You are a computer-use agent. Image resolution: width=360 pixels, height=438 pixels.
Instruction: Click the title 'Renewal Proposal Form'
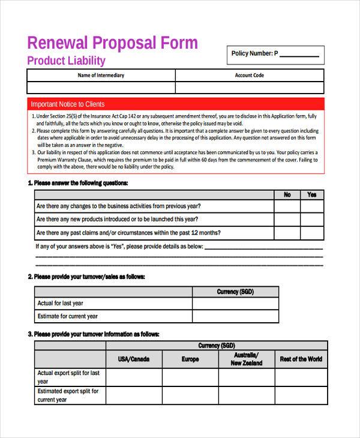tap(112, 43)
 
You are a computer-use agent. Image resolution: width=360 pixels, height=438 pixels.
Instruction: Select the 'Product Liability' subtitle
tap(67, 61)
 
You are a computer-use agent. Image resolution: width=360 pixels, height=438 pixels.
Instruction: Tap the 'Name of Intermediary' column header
tap(101, 76)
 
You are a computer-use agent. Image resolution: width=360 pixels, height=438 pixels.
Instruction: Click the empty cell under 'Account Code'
tap(249, 88)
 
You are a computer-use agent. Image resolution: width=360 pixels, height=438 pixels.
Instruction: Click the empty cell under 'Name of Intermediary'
tap(101, 88)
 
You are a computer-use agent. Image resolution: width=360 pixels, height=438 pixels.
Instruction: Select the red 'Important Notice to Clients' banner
tap(175, 104)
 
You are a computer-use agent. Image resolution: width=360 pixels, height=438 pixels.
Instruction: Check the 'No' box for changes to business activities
tap(287, 206)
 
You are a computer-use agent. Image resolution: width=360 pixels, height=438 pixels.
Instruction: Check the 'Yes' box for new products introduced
tap(311, 220)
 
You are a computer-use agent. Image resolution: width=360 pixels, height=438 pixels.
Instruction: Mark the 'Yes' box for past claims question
tap(311, 233)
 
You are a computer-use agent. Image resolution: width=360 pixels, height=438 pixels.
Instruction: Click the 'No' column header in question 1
tap(287, 194)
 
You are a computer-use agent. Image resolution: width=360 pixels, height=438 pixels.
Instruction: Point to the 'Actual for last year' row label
tap(61, 304)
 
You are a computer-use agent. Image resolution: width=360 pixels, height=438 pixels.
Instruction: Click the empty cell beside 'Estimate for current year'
tap(235, 316)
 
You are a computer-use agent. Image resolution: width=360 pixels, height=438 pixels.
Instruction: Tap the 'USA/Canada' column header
tap(134, 359)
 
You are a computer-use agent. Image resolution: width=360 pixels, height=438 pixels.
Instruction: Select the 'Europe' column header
tap(190, 359)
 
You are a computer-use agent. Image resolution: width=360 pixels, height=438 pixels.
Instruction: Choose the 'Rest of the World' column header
tap(300, 359)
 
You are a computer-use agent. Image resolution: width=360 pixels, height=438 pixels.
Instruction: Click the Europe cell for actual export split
tap(190, 377)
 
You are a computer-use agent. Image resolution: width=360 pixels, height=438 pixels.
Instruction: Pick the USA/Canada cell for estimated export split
tap(134, 395)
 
